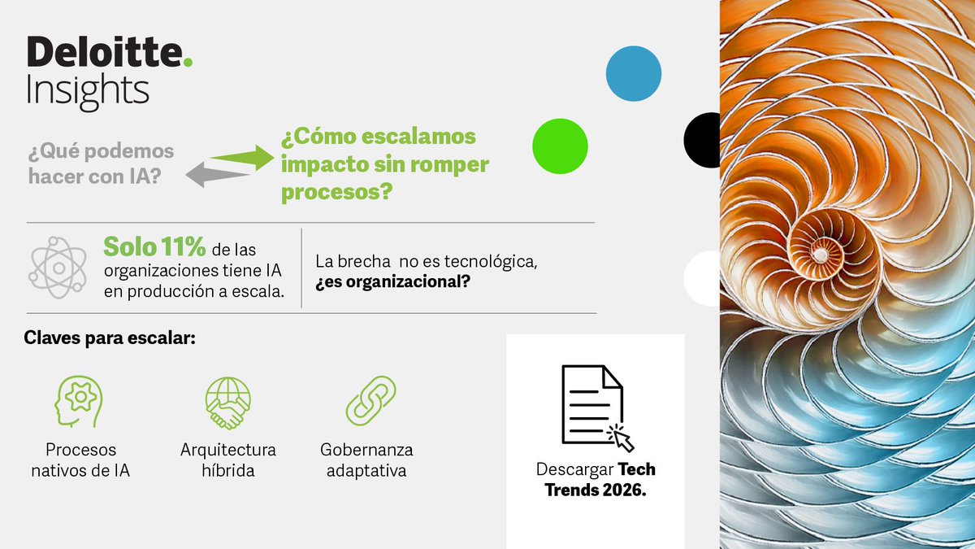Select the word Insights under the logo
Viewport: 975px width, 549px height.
tap(88, 91)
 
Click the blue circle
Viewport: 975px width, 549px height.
tap(634, 73)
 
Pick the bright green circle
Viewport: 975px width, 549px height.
tap(560, 146)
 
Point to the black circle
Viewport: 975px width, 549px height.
tap(704, 140)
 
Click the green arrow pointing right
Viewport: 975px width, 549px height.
tap(244, 156)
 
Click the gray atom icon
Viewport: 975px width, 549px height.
tap(57, 265)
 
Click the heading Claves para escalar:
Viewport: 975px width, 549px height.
tap(110, 338)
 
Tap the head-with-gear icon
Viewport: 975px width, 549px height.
tap(78, 401)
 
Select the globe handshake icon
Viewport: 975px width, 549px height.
tap(227, 402)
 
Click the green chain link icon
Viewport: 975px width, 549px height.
tap(370, 400)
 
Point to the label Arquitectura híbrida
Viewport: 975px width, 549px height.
tap(227, 460)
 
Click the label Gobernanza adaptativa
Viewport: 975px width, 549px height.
tap(366, 460)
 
